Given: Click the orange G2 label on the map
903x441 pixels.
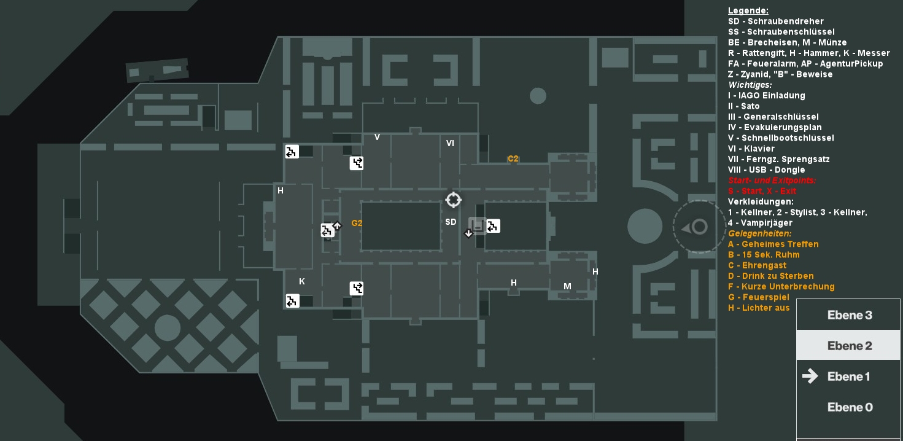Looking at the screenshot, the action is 357,223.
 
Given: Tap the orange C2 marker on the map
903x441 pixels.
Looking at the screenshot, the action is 513,159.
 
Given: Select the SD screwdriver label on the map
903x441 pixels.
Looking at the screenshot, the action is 451,222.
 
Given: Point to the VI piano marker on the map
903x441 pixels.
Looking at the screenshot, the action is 451,143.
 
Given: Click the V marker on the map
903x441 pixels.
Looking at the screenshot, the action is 377,137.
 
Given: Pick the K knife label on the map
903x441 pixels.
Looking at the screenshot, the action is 302,282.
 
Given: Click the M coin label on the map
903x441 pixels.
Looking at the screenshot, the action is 567,286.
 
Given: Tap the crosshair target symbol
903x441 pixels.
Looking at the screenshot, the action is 453,200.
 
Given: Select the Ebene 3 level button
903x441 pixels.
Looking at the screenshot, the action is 848,315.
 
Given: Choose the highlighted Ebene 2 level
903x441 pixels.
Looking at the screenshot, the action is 848,346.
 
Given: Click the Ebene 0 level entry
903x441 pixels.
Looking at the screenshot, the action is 848,407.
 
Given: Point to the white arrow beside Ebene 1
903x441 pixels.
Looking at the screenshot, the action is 810,376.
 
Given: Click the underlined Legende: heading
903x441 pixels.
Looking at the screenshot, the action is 748,11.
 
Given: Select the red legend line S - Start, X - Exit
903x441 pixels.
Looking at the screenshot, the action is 762,191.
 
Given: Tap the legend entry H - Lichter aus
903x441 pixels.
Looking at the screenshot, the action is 759,308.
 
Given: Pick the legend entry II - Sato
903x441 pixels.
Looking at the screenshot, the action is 744,106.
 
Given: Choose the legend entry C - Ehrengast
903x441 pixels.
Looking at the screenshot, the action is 757,265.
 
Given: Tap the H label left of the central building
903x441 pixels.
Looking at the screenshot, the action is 281,191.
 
